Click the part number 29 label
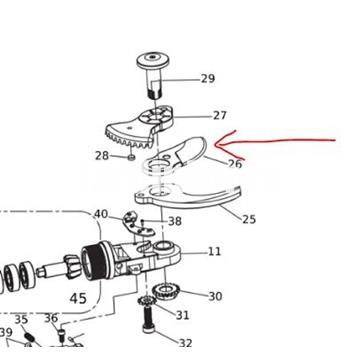click(208, 79)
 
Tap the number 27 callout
click(220, 115)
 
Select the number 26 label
click(234, 164)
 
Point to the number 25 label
click(249, 219)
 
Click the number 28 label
click(102, 155)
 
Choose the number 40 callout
click(101, 214)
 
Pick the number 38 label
click(175, 221)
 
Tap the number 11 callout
click(214, 251)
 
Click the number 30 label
click(215, 296)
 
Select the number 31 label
click(182, 315)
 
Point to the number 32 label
click(185, 343)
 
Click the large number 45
click(78, 298)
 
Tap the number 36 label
click(51, 318)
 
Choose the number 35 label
click(21, 319)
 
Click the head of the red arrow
click(217, 144)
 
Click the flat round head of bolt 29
click(153, 61)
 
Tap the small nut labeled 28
click(131, 157)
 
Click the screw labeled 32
click(149, 320)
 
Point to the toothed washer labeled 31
click(147, 301)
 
